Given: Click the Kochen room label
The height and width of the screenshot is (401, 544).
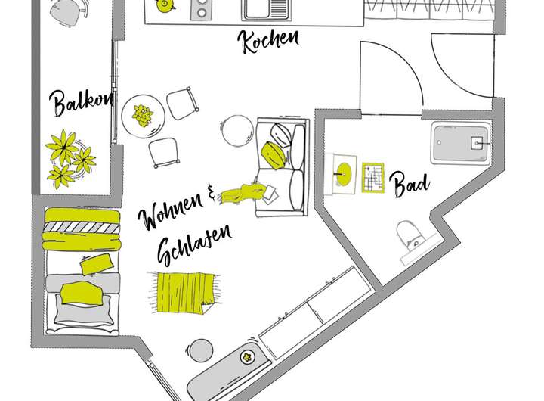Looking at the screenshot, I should coord(269,40).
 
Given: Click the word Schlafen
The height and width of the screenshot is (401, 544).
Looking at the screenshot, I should coord(192,247).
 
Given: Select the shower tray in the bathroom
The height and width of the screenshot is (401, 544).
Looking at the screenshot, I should coord(462,143).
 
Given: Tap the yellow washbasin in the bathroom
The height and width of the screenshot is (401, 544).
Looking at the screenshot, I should coord(345,173).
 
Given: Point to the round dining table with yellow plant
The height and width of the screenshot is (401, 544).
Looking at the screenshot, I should coord(143,115).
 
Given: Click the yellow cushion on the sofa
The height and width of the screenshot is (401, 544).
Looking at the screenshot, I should coord(274,154).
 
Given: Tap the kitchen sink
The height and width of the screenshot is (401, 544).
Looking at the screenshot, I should coord(267,10).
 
